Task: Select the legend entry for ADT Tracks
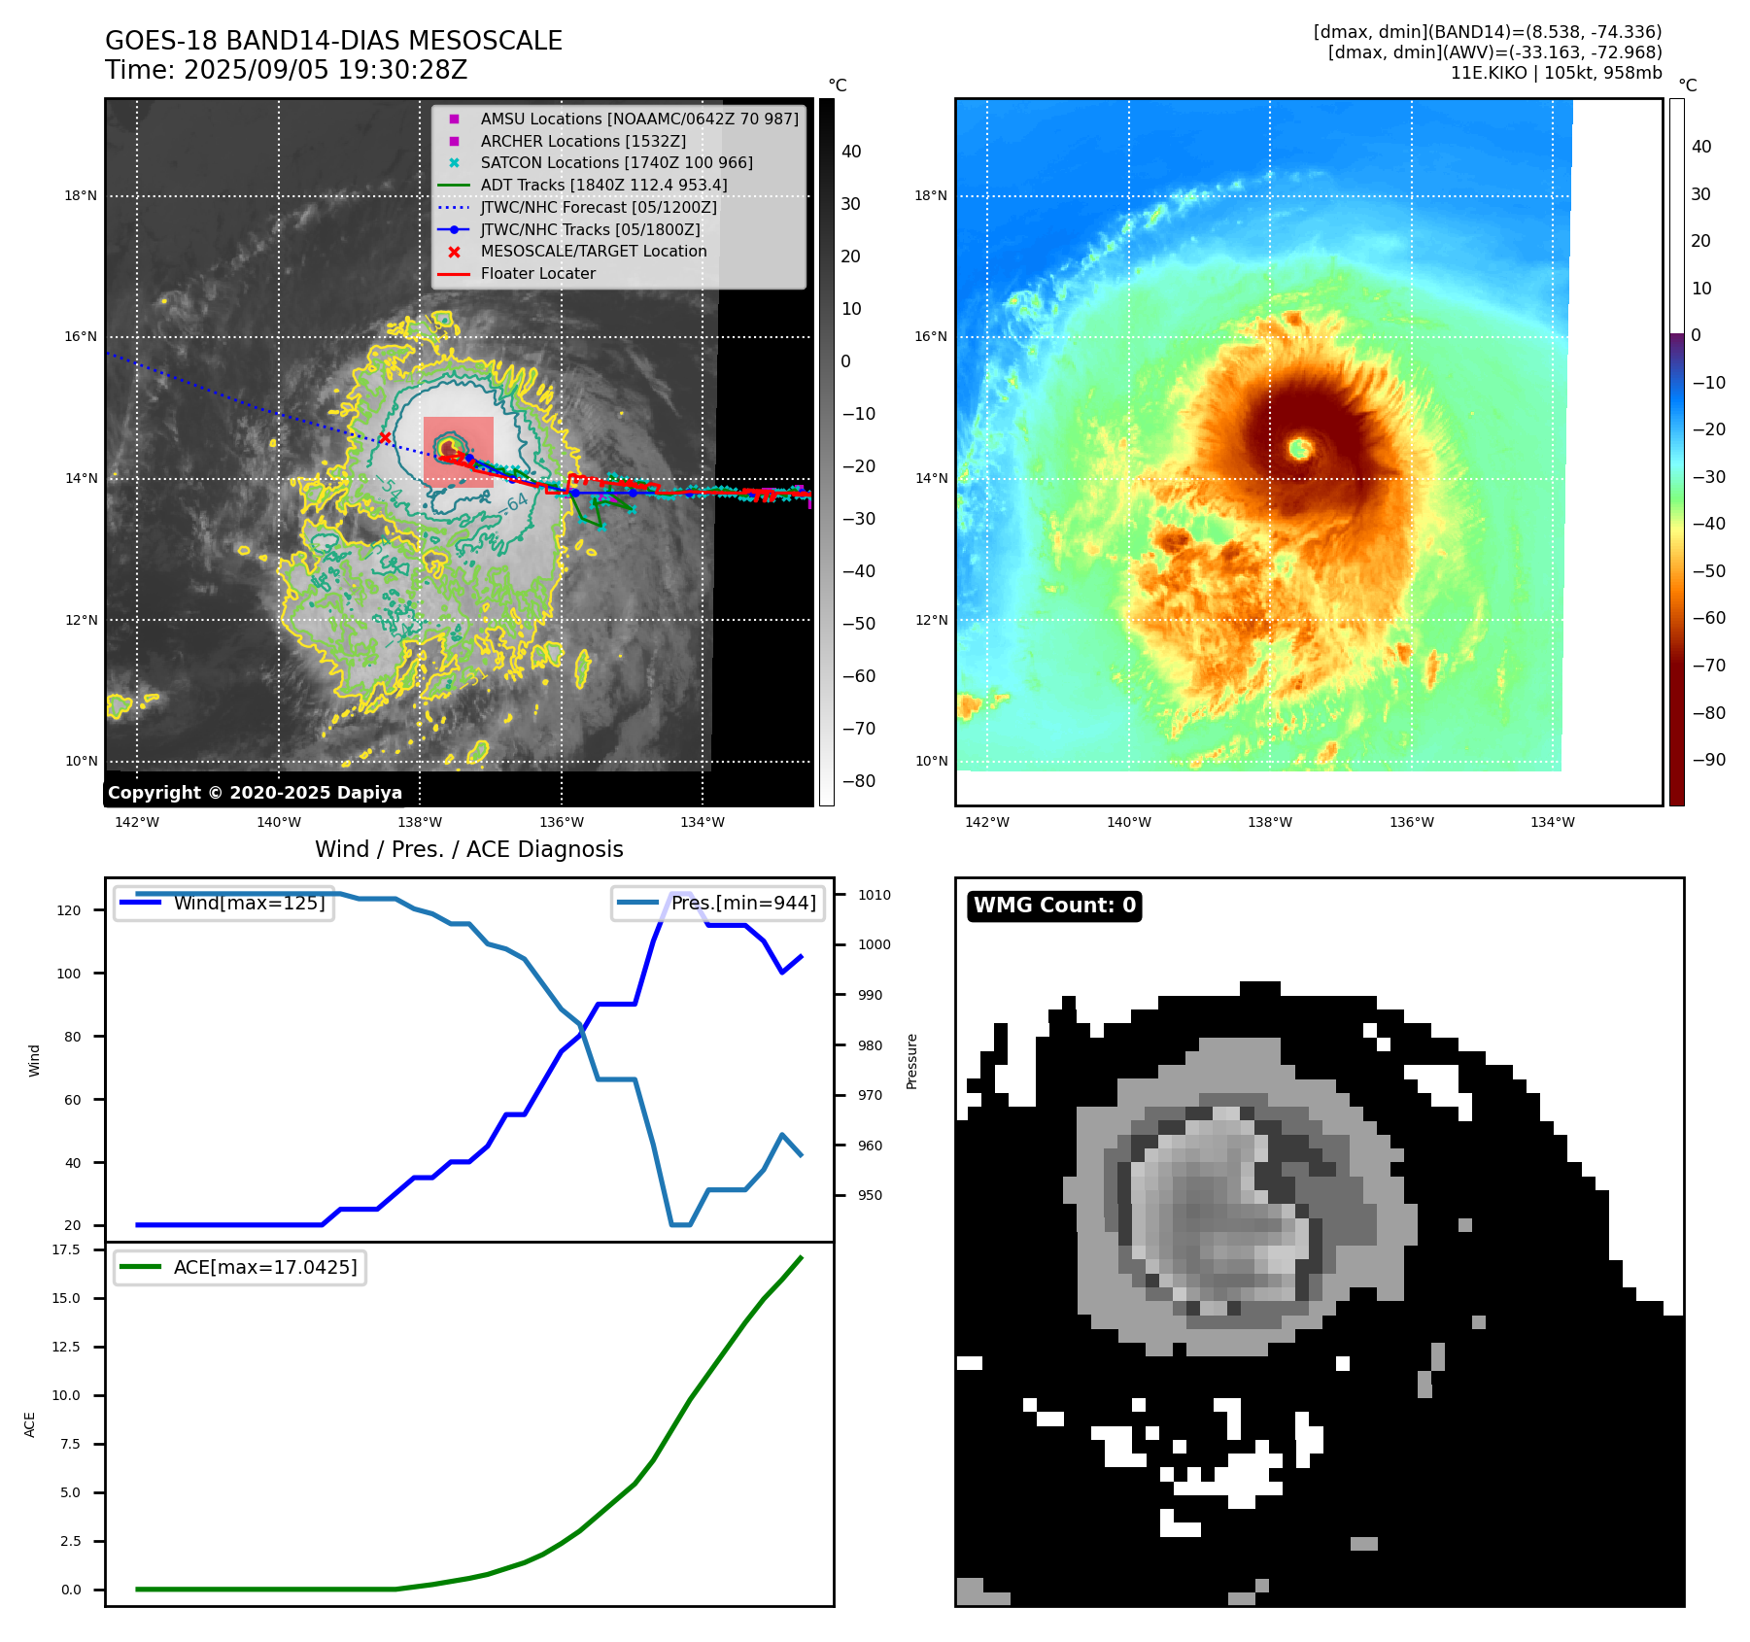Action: point(603,185)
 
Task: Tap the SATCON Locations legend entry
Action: point(616,162)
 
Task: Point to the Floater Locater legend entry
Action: point(537,273)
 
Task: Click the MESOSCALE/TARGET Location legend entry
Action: point(593,251)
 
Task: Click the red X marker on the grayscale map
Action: point(385,438)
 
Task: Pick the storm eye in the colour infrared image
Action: point(1300,448)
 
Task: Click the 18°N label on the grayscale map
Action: point(81,196)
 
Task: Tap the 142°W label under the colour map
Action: point(987,822)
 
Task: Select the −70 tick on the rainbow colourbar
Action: point(1708,666)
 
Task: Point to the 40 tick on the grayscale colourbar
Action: point(851,152)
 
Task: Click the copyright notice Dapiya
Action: point(255,793)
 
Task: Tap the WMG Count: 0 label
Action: point(1054,906)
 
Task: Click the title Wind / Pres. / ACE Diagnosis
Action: point(468,849)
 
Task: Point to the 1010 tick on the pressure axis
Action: point(874,895)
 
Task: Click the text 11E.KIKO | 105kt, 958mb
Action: point(1556,73)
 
